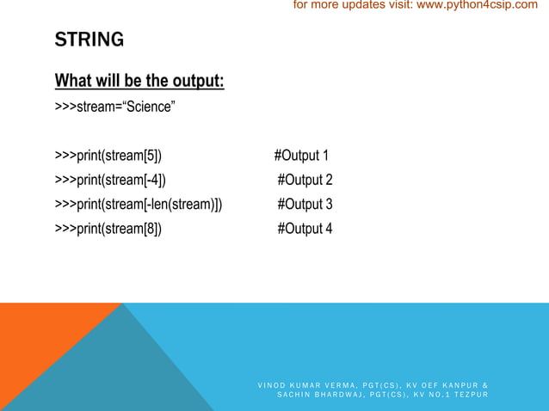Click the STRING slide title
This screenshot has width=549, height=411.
[x=89, y=40]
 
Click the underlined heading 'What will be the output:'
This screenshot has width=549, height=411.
[x=139, y=81]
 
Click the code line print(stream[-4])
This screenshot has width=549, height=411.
[x=110, y=180]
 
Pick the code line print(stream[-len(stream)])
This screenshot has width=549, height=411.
[x=138, y=204]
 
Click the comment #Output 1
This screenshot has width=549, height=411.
[x=301, y=156]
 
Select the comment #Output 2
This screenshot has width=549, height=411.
[x=305, y=180]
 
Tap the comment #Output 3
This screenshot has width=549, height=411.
[x=305, y=204]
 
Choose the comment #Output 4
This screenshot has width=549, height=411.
[x=305, y=228]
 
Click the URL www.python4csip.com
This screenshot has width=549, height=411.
[x=476, y=6]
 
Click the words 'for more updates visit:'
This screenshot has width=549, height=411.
[x=353, y=6]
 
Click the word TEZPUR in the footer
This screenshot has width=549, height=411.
[x=469, y=395]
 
